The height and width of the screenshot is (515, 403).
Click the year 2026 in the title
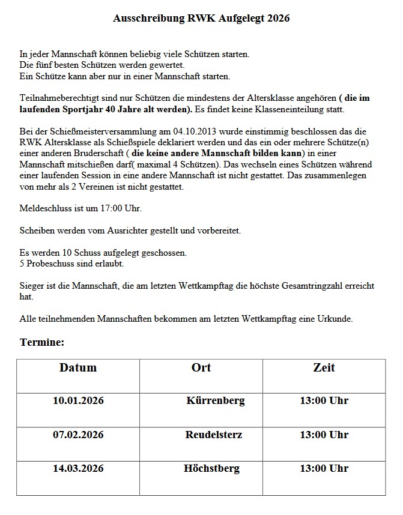point(278,19)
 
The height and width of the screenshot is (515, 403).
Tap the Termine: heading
point(42,342)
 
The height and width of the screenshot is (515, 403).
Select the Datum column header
point(78,367)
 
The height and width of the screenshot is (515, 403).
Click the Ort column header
point(201,367)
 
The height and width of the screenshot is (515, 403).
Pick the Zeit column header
point(324,367)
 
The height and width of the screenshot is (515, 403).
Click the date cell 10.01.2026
point(78,400)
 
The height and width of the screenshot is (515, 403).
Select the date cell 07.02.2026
point(78,435)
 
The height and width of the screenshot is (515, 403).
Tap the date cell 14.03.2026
point(78,468)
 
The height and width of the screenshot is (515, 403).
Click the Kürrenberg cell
point(216,400)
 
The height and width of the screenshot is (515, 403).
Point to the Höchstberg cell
point(212,468)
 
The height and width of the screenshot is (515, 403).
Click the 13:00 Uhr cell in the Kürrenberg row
point(324,400)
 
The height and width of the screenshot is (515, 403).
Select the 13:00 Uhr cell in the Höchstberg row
point(324,468)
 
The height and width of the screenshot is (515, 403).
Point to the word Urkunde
point(336,319)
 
